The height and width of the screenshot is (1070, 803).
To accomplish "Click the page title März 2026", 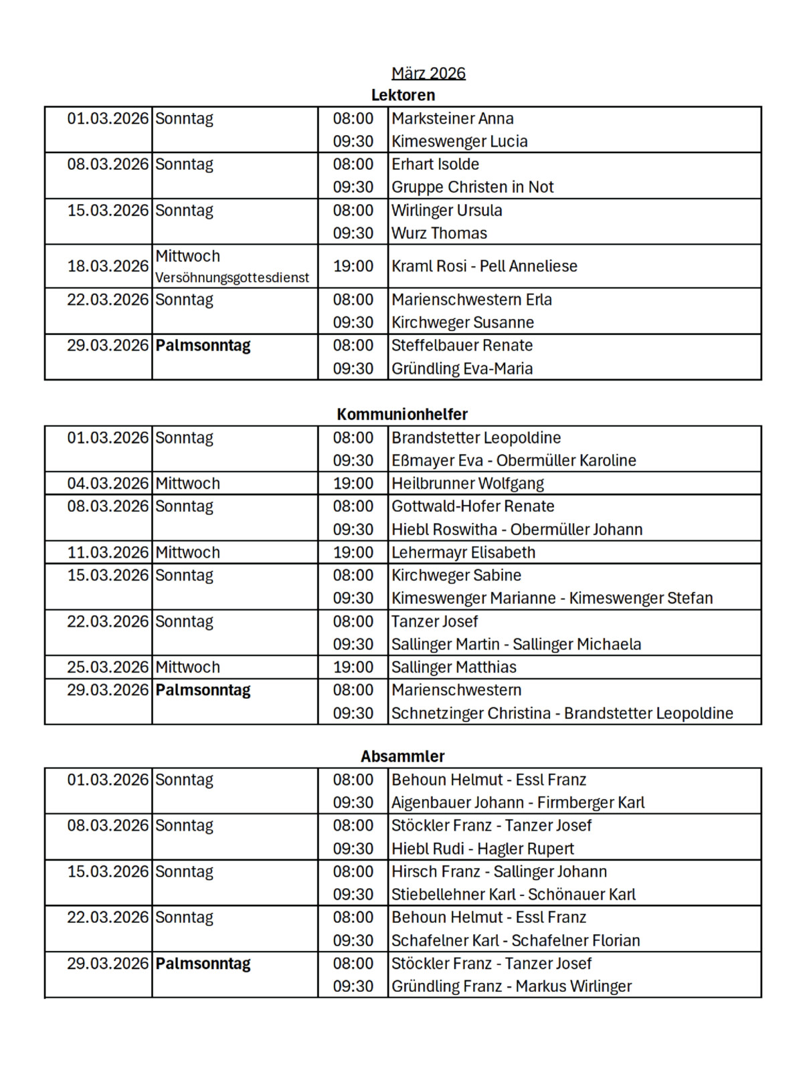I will [x=428, y=73].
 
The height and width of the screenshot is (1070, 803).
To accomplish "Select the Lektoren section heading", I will [x=403, y=95].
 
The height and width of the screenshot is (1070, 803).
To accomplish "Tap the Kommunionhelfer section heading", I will [x=402, y=414].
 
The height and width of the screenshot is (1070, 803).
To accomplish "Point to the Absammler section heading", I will [x=402, y=756].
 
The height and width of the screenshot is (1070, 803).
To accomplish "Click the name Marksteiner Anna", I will [x=452, y=118].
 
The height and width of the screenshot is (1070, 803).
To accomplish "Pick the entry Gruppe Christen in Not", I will [x=472, y=187].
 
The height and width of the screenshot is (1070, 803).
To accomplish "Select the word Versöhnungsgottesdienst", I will [x=232, y=278].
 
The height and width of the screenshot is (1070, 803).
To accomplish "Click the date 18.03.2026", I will [x=107, y=266].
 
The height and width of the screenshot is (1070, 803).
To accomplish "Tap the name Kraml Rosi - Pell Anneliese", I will [x=484, y=266].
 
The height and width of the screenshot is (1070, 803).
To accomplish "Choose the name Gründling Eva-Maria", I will [x=462, y=368].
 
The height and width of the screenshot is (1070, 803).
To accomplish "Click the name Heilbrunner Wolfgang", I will [x=467, y=484].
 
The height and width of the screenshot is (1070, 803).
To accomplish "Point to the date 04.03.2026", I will [x=107, y=484].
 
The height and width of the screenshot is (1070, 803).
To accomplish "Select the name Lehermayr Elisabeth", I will [x=463, y=552].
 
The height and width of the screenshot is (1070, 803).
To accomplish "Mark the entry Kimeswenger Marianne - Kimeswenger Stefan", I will [x=552, y=598].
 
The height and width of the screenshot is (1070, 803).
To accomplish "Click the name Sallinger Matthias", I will [x=454, y=667].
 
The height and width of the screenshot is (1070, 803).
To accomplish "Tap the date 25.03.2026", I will [x=107, y=667].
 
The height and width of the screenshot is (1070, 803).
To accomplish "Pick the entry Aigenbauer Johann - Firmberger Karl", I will [x=518, y=802].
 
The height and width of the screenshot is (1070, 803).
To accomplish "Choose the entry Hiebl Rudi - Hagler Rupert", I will [x=482, y=849].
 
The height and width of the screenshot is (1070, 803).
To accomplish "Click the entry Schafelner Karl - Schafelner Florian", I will [x=515, y=940].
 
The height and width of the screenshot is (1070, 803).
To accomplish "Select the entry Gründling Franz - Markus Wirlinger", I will [x=511, y=986].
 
